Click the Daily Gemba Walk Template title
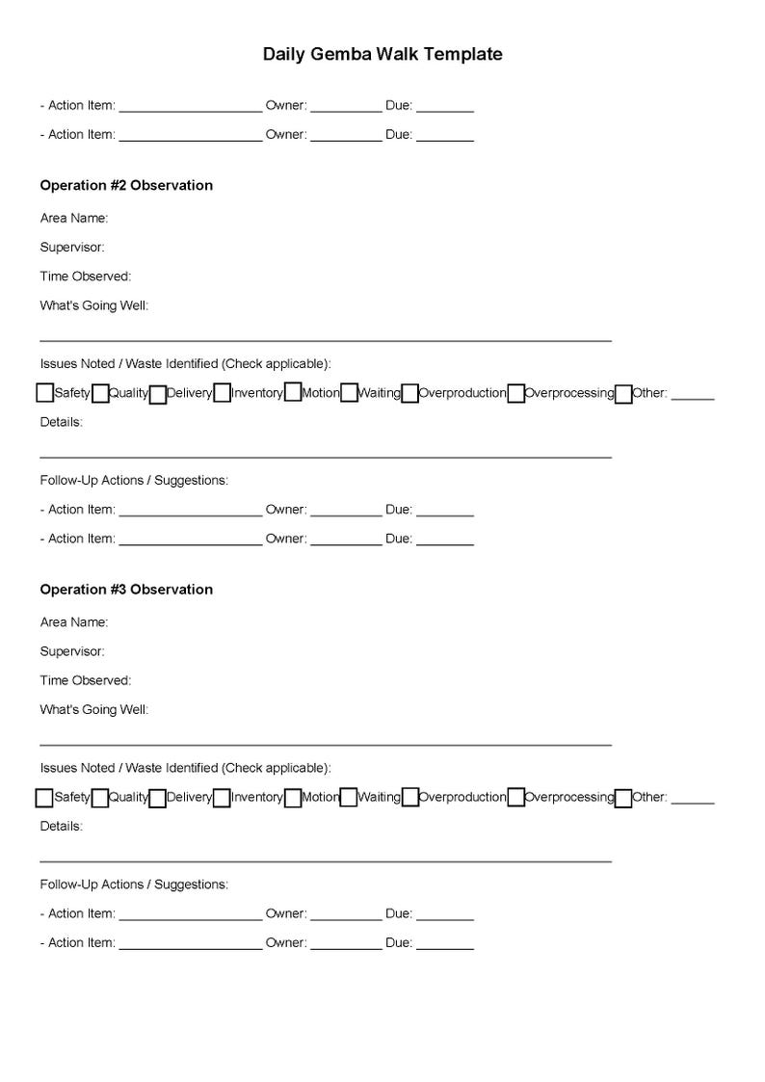pos(382,55)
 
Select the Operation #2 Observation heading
pos(126,185)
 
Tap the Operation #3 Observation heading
pos(126,589)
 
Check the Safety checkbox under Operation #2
pos(44,393)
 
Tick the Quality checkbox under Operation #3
pos(99,798)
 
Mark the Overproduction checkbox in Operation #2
pos(409,393)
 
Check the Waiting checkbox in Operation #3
pos(349,798)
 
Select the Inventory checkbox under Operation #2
pos(222,393)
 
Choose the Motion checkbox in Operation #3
pos(293,798)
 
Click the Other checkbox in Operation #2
pos(623,393)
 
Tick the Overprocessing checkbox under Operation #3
pos(515,798)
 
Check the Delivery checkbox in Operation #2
pos(157,393)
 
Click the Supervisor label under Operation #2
pos(72,248)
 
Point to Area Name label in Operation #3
pos(74,622)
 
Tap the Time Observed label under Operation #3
pos(86,680)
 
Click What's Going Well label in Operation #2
pos(94,306)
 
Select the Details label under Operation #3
pos(62,826)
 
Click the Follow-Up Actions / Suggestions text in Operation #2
pos(134,480)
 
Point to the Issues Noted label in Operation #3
pos(185,768)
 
